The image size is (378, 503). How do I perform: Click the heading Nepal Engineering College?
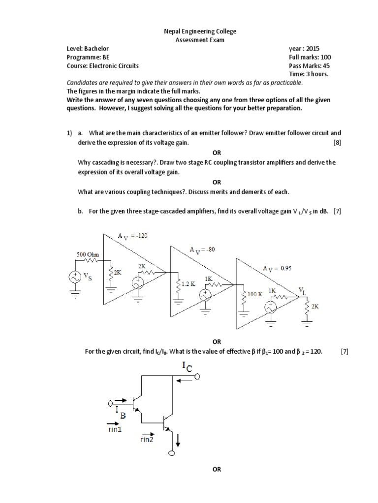200,31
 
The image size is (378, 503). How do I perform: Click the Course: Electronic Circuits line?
103,65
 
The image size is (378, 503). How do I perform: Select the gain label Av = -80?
202,250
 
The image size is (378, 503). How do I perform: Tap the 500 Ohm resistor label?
88,254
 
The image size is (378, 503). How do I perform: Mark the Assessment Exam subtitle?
200,40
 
